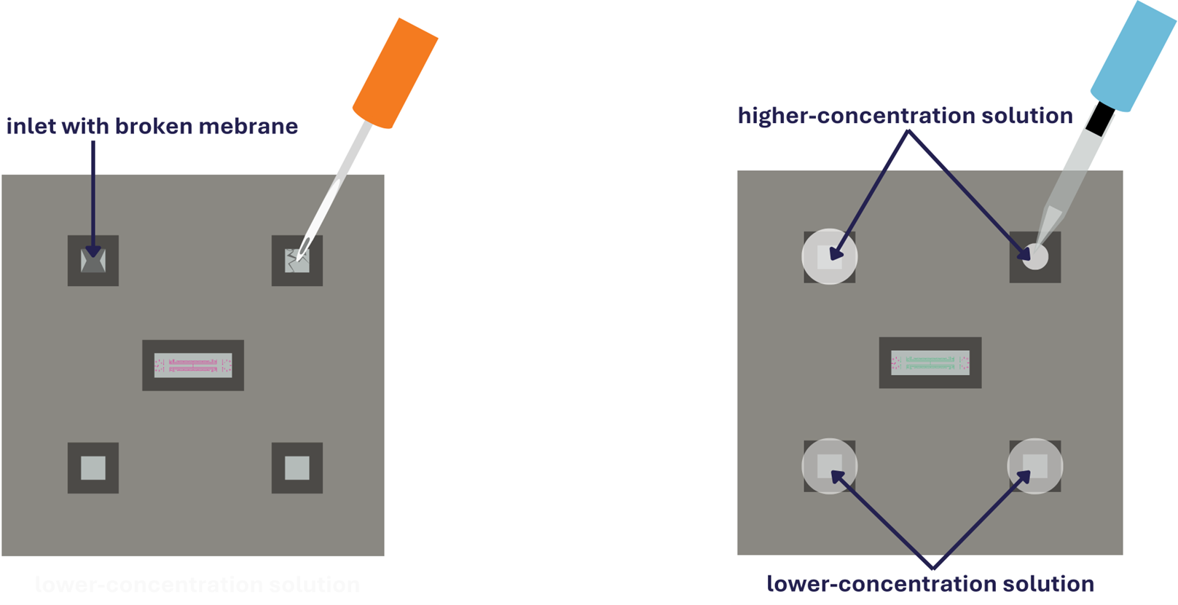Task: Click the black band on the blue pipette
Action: tap(1100, 119)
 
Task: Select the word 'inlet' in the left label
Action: tap(31, 127)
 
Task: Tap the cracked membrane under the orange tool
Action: tap(297, 260)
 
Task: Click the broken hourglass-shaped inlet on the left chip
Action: tap(93, 260)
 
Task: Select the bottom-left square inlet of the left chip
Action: tap(93, 467)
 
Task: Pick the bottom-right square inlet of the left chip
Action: tap(297, 467)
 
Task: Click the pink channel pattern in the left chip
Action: tap(193, 365)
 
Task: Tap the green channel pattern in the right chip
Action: tap(930, 362)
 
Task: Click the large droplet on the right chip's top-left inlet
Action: tap(829, 256)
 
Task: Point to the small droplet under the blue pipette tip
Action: tap(1035, 257)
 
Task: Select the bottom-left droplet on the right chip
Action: tap(829, 466)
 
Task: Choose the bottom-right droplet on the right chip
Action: tap(1035, 466)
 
